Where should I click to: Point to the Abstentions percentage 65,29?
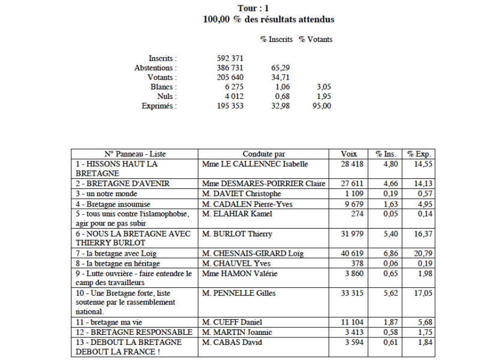click(x=280, y=68)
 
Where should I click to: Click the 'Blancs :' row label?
click(x=164, y=87)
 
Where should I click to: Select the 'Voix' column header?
click(x=348, y=153)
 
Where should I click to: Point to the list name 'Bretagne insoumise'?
click(x=113, y=204)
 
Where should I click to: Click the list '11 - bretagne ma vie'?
click(x=110, y=322)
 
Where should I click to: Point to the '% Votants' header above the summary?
click(x=316, y=40)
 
